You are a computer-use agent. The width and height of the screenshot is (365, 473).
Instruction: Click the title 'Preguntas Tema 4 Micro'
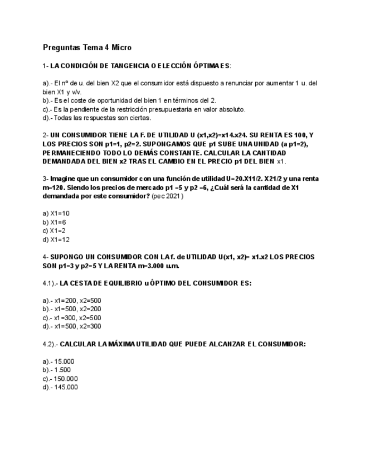point(87,47)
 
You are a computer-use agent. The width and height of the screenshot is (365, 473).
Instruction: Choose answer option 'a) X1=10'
point(56,213)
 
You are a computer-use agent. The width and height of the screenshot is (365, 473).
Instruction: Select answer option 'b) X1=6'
point(54,222)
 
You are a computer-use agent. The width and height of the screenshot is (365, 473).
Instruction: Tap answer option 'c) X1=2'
point(54,230)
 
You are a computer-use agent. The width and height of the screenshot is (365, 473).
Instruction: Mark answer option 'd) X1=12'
point(56,239)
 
